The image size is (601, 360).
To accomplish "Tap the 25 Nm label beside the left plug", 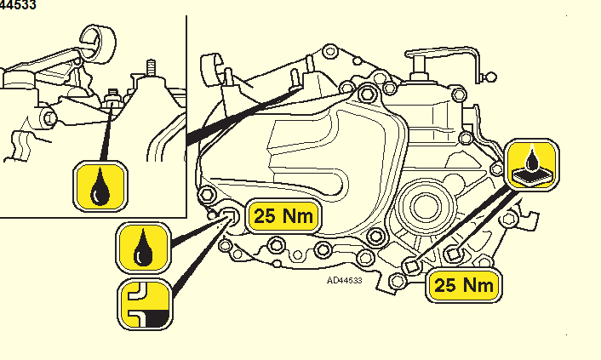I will point(284,216).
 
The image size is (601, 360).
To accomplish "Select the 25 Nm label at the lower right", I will point(463,285).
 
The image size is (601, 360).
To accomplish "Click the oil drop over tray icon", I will point(534,164).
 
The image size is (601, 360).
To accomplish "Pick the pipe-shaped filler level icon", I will point(144,303).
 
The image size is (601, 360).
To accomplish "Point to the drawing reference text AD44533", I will point(344,279).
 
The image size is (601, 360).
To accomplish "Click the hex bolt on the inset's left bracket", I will point(49,117).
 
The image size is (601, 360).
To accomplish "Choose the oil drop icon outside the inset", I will point(144,247).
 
